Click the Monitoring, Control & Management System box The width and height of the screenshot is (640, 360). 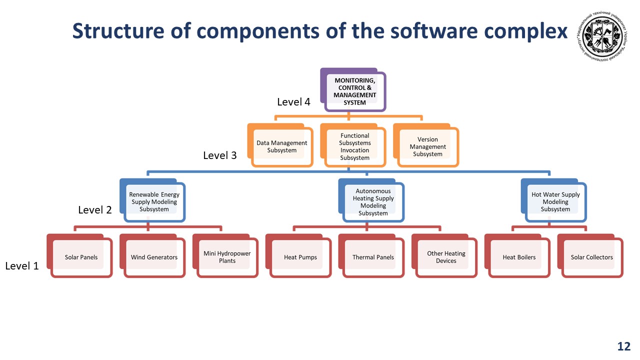point(354,91)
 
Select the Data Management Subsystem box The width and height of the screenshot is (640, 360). point(281,146)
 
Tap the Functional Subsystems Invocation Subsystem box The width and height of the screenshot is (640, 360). point(354,146)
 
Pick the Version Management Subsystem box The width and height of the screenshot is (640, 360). point(427,146)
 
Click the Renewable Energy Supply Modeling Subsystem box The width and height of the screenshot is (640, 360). point(154,201)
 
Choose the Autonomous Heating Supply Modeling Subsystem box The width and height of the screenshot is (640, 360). point(373,201)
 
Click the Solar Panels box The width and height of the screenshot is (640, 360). point(81,257)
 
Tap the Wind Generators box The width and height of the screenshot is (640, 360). point(154,257)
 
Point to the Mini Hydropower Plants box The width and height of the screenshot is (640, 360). point(227,257)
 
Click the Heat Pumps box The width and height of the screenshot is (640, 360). point(300,257)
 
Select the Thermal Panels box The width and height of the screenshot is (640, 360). point(373,257)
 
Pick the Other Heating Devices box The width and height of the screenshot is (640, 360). point(446,257)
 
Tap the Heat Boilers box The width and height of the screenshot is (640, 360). point(519,257)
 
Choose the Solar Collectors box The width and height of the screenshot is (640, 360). point(592,257)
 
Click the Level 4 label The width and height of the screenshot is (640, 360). point(293,102)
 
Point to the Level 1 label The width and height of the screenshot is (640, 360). point(21,266)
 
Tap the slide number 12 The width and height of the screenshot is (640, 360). point(623,346)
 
